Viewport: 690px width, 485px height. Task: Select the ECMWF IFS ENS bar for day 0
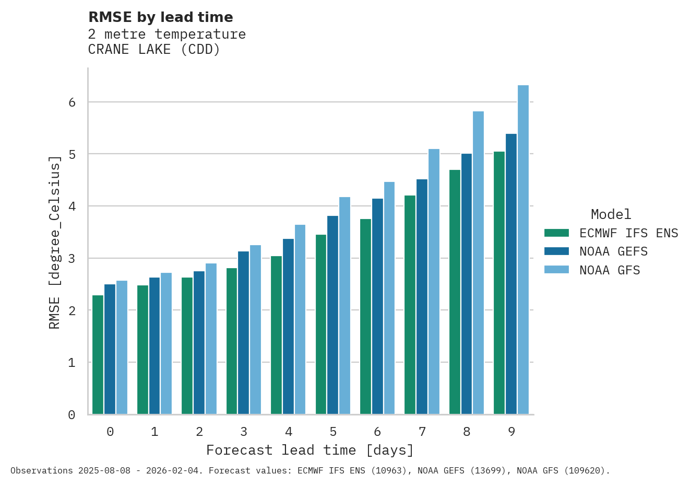click(x=98, y=355)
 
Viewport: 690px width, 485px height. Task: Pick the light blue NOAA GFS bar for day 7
click(x=434, y=282)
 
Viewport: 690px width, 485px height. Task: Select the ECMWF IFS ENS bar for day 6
click(x=365, y=317)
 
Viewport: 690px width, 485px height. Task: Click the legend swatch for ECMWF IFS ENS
click(x=556, y=233)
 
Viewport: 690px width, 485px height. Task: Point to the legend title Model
click(x=611, y=214)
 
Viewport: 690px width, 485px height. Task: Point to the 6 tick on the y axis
click(x=72, y=102)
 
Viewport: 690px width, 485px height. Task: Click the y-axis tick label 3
click(x=72, y=259)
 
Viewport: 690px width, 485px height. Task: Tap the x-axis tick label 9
click(x=511, y=432)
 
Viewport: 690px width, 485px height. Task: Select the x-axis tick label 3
click(x=244, y=432)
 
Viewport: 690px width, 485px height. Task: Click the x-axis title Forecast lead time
click(x=310, y=450)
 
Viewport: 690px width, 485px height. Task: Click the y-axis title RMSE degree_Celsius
click(x=54, y=243)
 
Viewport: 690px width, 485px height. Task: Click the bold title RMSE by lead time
click(x=161, y=17)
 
